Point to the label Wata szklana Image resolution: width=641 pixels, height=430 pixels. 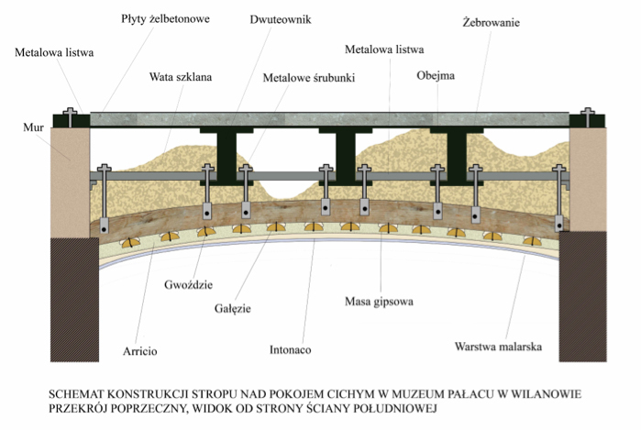coord(182,78)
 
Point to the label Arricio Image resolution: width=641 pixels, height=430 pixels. coord(141,350)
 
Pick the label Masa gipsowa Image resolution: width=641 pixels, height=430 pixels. coord(380,301)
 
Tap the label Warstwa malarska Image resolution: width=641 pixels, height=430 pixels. coord(500,347)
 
